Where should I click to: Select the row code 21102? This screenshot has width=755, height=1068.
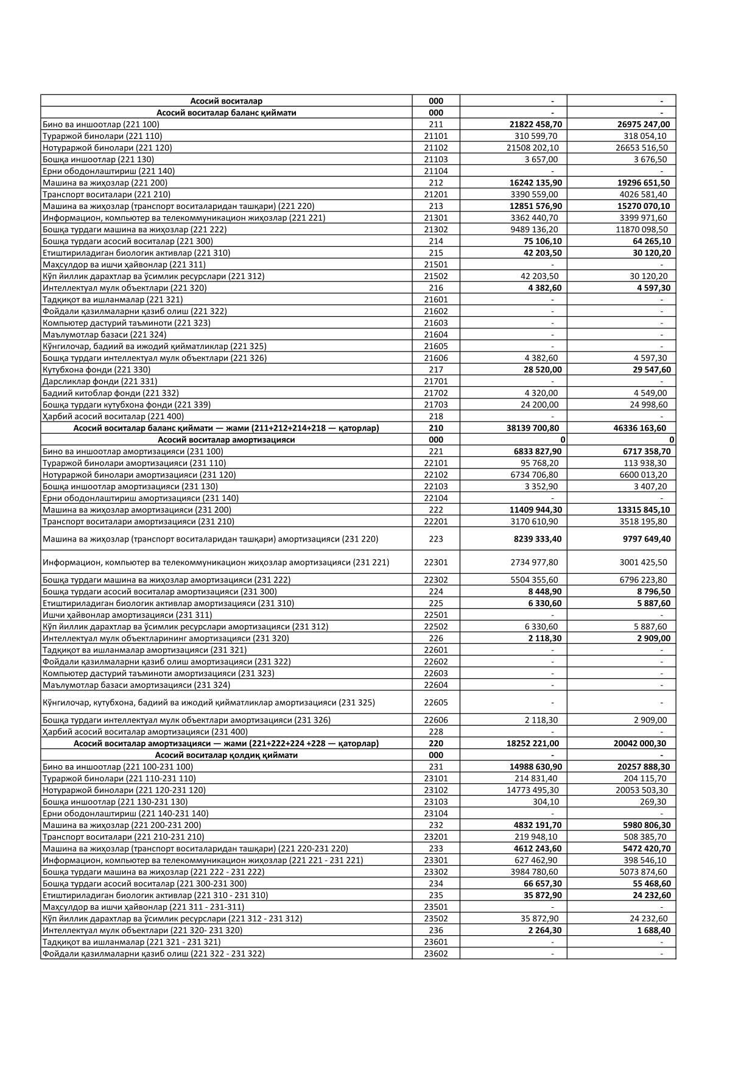pyautogui.click(x=435, y=147)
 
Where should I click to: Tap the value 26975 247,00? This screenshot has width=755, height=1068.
pyautogui.click(x=643, y=124)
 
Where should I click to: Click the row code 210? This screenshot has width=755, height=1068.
pyautogui.click(x=435, y=428)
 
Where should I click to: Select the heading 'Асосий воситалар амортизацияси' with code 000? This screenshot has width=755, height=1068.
pyautogui.click(x=226, y=439)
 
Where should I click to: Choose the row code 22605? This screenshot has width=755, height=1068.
pyautogui.click(x=435, y=702)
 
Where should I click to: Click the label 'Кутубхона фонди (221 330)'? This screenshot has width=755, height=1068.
pyautogui.click(x=96, y=369)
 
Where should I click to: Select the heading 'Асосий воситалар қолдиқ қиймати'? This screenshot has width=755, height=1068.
pyautogui.click(x=226, y=755)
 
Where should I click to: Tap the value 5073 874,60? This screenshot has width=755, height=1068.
pyautogui.click(x=643, y=872)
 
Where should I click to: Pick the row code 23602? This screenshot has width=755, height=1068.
pyautogui.click(x=435, y=953)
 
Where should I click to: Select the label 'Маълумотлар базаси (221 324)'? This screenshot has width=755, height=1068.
pyautogui.click(x=104, y=334)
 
